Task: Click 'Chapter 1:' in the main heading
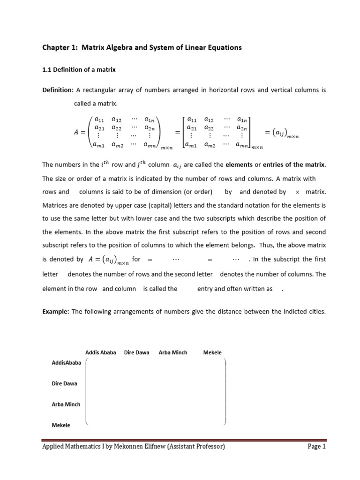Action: point(58,48)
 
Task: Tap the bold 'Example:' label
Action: point(56,312)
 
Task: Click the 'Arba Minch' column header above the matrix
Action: point(173,352)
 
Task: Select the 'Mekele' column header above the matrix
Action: point(212,352)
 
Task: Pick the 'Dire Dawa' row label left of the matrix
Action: point(64,383)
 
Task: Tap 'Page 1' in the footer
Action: point(316,447)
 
